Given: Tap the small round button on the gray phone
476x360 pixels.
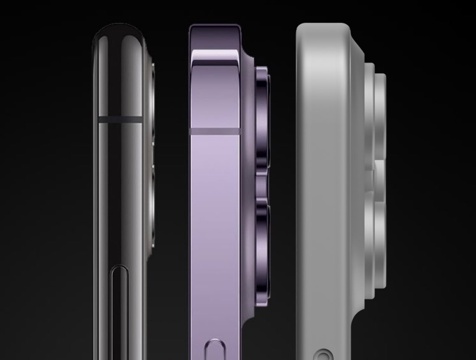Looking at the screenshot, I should click(322, 355).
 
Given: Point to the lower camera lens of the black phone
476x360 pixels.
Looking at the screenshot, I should click(152, 208).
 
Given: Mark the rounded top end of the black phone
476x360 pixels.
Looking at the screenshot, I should click(118, 33).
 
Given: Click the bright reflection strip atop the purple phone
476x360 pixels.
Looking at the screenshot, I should click(215, 56).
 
